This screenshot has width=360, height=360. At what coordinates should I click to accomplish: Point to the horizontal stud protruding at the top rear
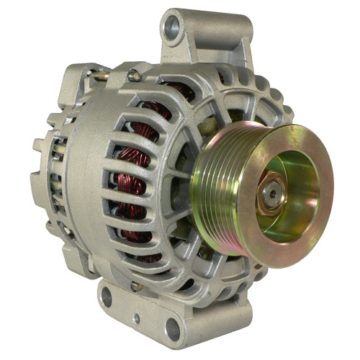pyautogui.click(x=101, y=74)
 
